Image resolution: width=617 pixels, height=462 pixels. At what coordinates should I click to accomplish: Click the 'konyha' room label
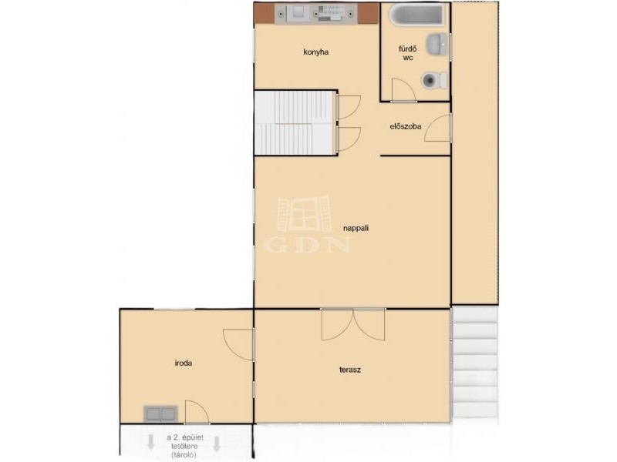(x=316, y=52)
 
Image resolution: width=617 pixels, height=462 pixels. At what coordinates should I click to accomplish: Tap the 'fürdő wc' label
(x=408, y=53)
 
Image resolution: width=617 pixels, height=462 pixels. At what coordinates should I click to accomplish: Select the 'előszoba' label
(x=406, y=126)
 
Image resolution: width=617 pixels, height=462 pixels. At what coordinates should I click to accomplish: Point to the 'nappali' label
(x=356, y=228)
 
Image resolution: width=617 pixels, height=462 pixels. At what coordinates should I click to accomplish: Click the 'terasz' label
(x=350, y=370)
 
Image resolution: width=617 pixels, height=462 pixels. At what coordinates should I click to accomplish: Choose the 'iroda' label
(x=184, y=363)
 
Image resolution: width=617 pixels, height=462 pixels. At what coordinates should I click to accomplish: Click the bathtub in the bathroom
(x=416, y=15)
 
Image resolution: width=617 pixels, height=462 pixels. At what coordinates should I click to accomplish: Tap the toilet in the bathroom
(x=434, y=80)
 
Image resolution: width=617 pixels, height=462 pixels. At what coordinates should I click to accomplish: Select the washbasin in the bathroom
(x=437, y=45)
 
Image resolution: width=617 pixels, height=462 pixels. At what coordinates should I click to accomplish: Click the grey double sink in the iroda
(x=160, y=413)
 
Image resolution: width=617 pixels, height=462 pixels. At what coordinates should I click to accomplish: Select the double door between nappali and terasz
(x=353, y=324)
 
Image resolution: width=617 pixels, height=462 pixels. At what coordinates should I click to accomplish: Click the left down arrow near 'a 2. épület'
(x=150, y=442)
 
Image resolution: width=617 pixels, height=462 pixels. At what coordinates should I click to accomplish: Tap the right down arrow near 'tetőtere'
(x=216, y=444)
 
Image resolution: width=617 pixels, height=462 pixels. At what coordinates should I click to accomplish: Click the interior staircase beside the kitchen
(x=295, y=122)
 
